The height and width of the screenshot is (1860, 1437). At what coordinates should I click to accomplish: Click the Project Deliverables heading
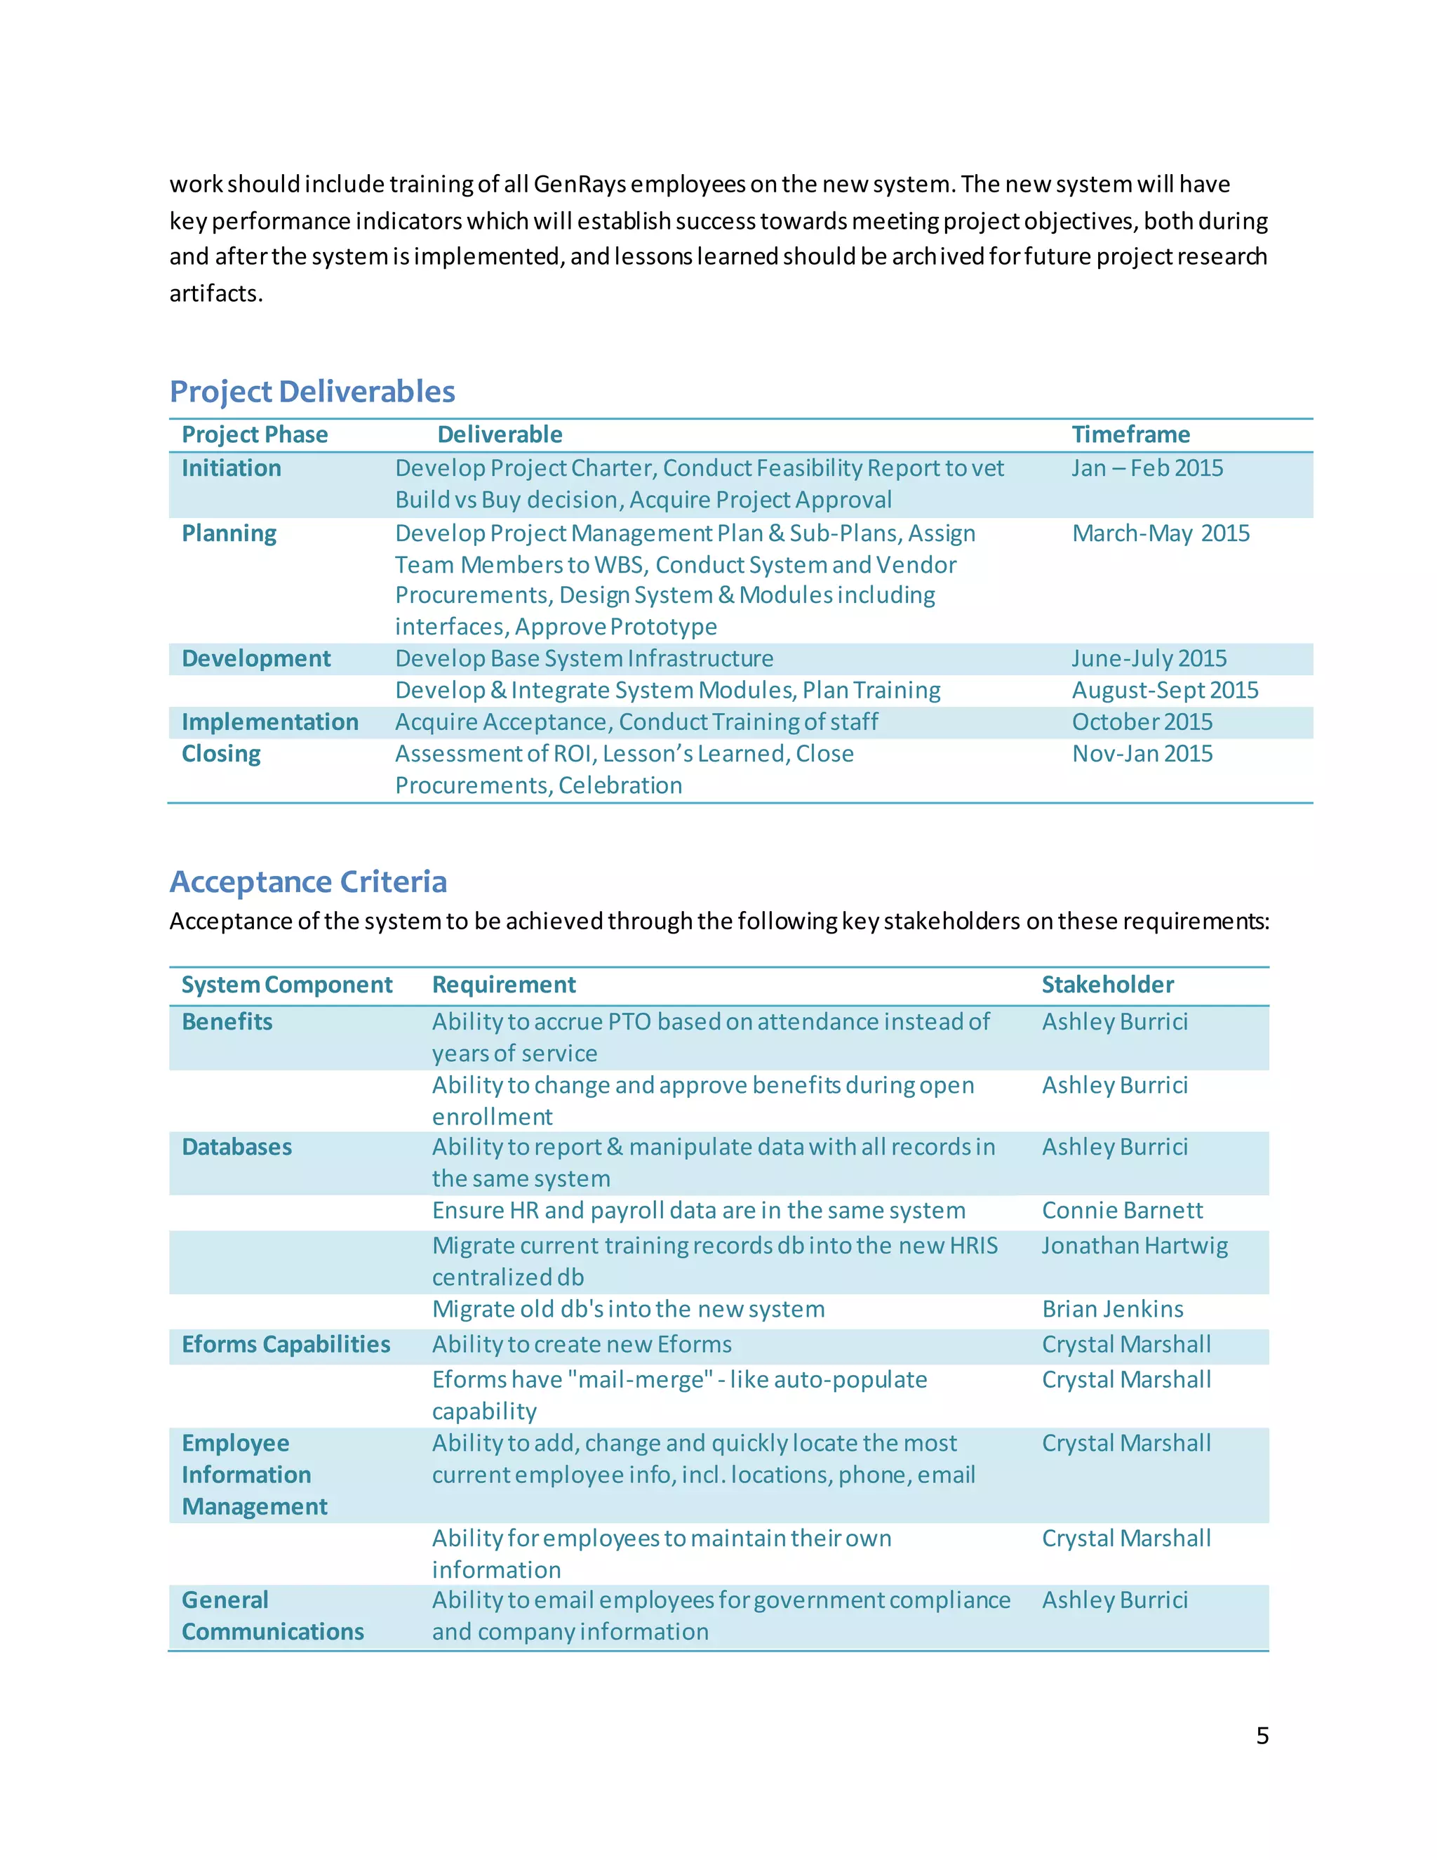pos(312,391)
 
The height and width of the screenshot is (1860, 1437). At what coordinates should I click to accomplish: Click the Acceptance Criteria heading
pos(307,882)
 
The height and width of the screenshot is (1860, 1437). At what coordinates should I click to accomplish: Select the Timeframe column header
pos(1130,434)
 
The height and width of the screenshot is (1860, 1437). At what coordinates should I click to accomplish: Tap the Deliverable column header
pos(500,434)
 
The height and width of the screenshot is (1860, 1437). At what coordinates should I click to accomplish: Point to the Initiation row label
pos(231,467)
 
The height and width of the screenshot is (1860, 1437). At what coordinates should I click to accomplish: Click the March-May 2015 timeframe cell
pos(1161,533)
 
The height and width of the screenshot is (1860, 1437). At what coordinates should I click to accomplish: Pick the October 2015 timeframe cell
pos(1142,722)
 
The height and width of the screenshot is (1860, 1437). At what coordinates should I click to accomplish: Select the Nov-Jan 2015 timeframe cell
pos(1142,754)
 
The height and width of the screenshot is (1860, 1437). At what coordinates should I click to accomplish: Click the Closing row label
pos(220,754)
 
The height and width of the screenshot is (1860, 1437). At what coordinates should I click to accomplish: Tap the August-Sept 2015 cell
pos(1165,690)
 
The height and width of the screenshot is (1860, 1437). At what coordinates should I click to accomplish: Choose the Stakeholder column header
pos(1107,985)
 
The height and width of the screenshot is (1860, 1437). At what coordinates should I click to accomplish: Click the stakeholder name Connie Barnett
pos(1122,1210)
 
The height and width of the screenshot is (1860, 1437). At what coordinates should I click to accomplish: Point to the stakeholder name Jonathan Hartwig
pos(1134,1246)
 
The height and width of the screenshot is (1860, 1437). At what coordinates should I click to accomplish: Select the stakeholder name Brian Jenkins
pos(1112,1309)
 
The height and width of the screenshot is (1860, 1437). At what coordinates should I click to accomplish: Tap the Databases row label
pos(236,1147)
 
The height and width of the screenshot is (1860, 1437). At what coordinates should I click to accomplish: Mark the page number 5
pos(1262,1736)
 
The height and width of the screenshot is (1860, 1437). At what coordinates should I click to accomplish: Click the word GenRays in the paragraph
pos(580,184)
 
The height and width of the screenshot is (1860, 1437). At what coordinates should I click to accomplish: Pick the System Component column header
pos(286,985)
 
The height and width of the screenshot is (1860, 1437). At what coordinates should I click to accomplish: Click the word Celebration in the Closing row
pos(620,785)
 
